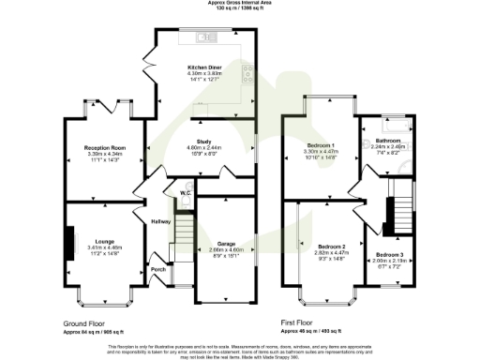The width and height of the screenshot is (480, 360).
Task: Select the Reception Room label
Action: tap(104, 148)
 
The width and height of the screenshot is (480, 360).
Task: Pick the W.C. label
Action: tap(187, 193)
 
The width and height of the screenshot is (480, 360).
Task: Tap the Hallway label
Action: tap(162, 221)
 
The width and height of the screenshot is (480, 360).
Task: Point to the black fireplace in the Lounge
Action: tap(68, 238)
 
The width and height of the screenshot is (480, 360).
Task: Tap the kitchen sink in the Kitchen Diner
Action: tap(203, 37)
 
